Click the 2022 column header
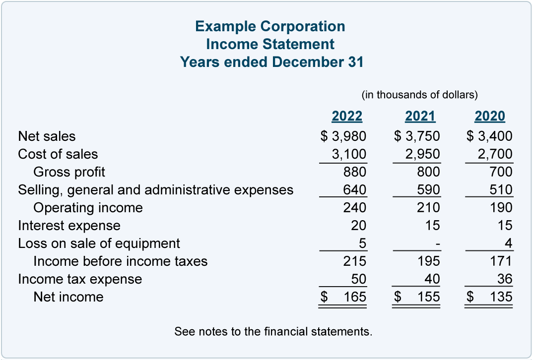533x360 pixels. point(347,117)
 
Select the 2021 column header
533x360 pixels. point(420,117)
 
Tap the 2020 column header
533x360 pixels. point(490,117)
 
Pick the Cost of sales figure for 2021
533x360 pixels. point(422,154)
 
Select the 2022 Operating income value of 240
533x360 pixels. point(354,208)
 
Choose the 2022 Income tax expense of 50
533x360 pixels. point(358,279)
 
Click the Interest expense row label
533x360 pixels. point(69,226)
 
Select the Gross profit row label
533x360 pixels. point(69,172)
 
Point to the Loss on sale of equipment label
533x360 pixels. point(99,243)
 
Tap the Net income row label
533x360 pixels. point(68,297)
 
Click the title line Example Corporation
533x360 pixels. point(270,26)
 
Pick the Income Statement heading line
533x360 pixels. point(270,44)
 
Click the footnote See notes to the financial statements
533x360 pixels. point(273,331)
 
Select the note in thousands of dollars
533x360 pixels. point(419,94)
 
